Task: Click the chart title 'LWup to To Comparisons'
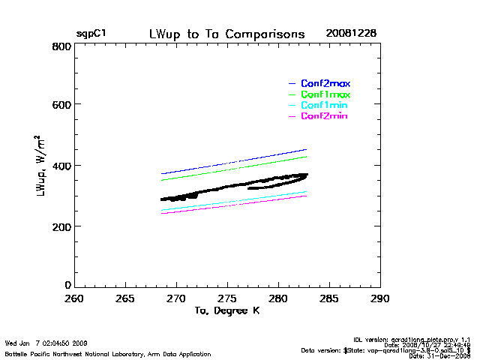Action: click(226, 34)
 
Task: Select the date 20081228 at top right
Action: click(351, 34)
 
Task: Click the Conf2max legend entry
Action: click(325, 83)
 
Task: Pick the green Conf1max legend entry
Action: click(325, 95)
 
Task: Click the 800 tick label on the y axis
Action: click(62, 46)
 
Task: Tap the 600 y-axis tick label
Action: click(62, 105)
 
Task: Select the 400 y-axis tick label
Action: click(62, 166)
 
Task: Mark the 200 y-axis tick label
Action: click(62, 226)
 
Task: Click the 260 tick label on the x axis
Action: click(73, 298)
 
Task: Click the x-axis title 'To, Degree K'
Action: click(226, 310)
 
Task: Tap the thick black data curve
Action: click(225, 187)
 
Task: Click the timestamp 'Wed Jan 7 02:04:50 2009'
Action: click(46, 343)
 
